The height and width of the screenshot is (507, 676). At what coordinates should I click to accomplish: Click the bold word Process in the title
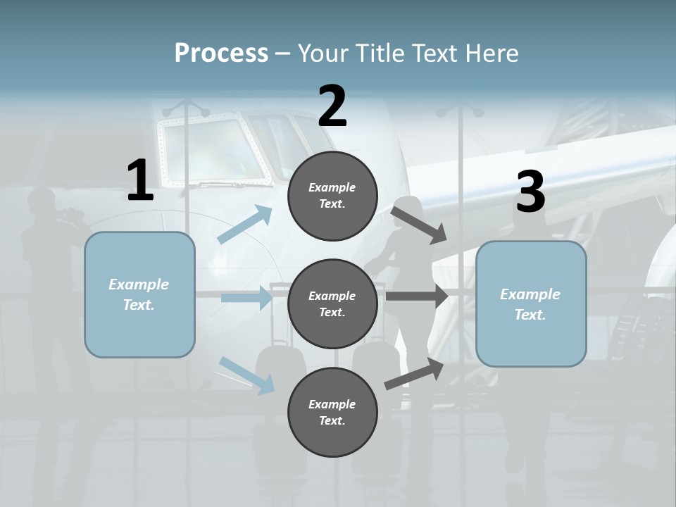[221, 53]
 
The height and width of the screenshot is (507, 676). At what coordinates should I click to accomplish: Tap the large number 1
[140, 181]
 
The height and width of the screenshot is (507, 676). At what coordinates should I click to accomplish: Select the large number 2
[332, 106]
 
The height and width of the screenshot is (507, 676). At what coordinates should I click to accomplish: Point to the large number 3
[530, 192]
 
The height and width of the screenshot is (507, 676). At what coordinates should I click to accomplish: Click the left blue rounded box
[139, 294]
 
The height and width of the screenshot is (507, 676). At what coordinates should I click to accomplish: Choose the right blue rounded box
[531, 304]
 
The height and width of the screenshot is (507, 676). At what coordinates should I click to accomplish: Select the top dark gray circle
[332, 196]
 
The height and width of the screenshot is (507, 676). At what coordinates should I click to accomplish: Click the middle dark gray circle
[332, 304]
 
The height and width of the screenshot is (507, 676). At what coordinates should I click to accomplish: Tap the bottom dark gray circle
[332, 413]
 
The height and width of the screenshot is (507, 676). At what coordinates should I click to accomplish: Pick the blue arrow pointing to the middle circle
[247, 298]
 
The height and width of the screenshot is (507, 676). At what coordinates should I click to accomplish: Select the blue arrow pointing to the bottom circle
[247, 375]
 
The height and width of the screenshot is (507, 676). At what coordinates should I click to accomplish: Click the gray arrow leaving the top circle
[419, 224]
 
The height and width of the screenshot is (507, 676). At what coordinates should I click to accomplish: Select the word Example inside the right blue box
[530, 294]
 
